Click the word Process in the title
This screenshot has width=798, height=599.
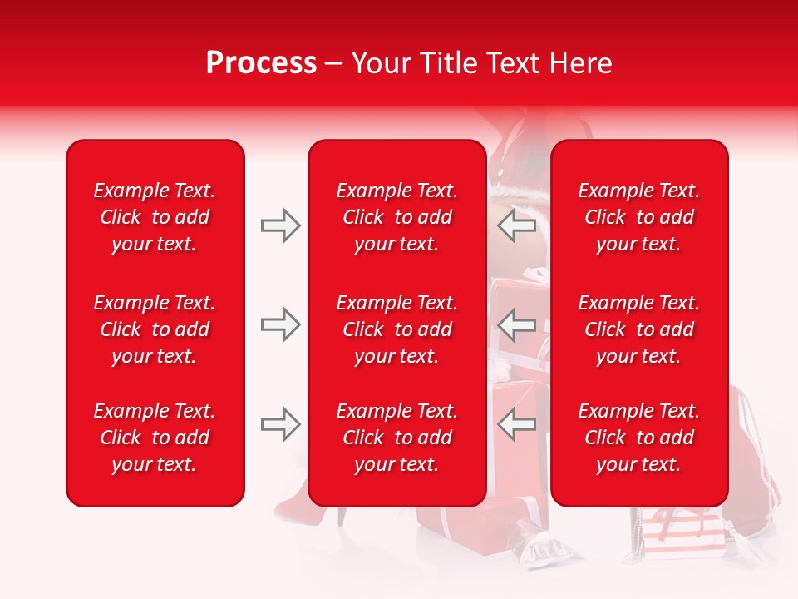261,63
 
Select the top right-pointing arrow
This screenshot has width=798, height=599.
280,225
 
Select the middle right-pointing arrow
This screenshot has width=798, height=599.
280,324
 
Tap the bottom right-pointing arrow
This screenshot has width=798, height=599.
280,424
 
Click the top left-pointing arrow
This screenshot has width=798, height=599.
517,225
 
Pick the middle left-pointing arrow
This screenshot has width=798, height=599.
517,324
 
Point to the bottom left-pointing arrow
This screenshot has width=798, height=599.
517,424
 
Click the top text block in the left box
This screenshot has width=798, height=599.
155,217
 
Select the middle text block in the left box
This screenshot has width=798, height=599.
155,329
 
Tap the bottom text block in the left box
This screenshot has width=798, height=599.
155,438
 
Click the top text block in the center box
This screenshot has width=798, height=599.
397,217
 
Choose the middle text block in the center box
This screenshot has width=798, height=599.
397,329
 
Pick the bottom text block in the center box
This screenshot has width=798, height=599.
397,438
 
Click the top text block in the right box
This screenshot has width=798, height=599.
638,217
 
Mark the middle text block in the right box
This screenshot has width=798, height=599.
638,329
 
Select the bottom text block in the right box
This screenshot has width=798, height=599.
638,438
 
